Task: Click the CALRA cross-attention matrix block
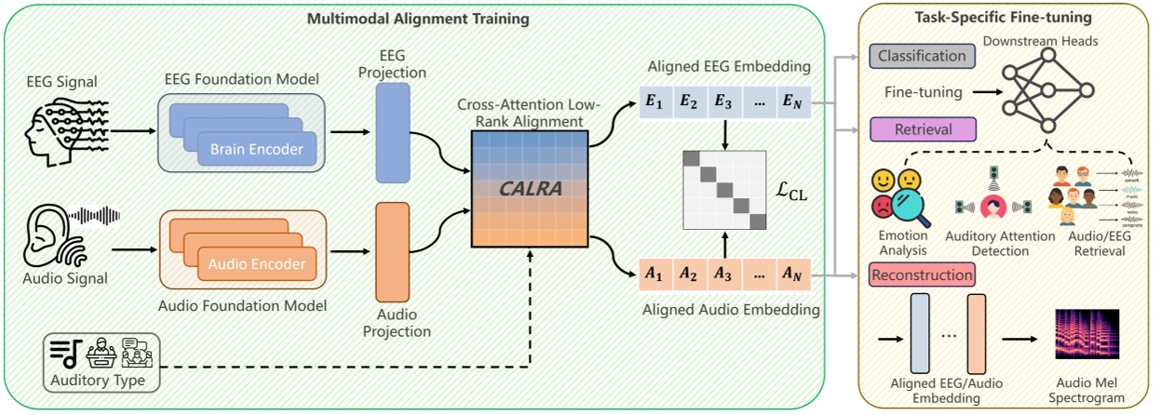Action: tap(530, 189)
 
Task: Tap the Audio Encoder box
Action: tap(256, 263)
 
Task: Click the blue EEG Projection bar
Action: tap(392, 132)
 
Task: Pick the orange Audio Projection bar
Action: tap(392, 251)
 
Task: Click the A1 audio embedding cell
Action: tap(654, 274)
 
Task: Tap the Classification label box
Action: tap(921, 56)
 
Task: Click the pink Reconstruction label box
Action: tap(921, 274)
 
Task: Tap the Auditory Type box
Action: tap(101, 363)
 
